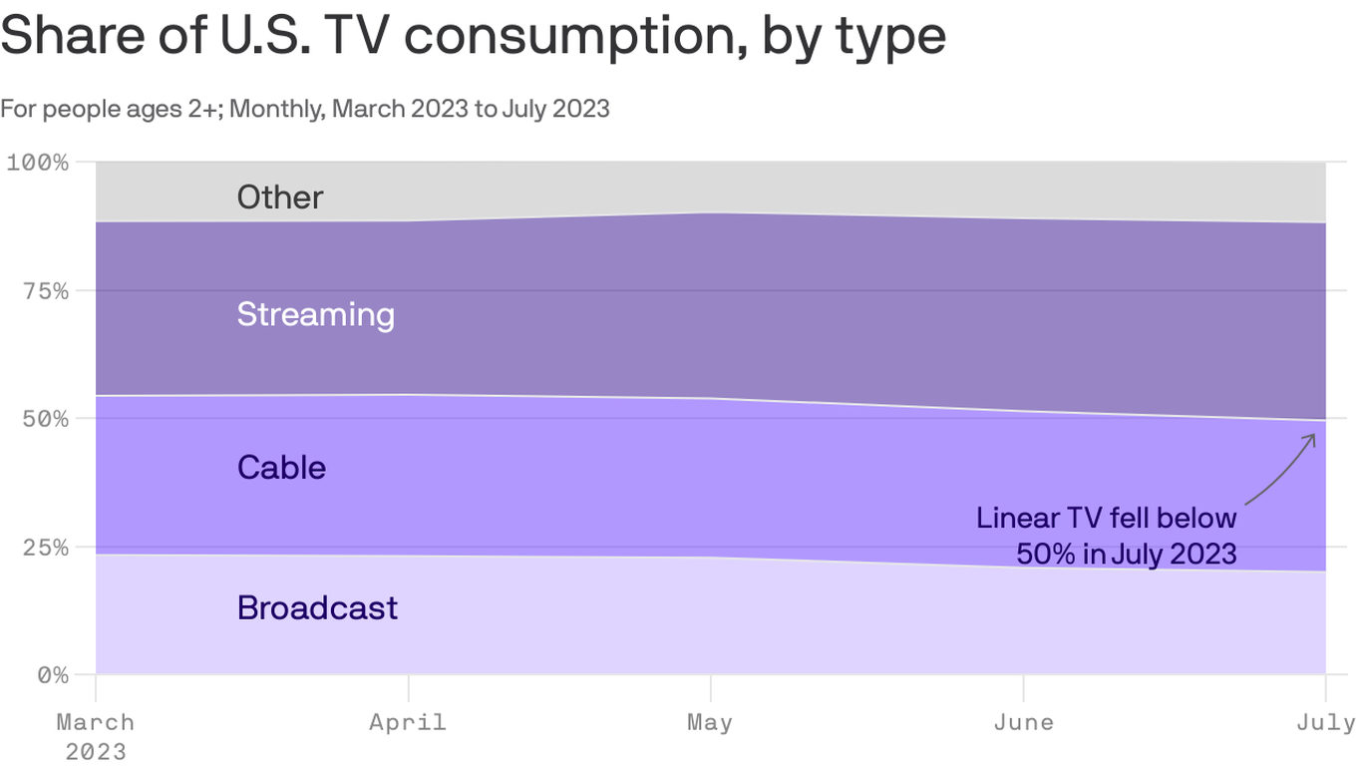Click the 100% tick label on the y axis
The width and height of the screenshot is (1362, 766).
pos(38,163)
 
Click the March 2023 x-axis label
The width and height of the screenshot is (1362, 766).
pos(96,736)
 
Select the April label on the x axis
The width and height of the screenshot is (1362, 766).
pos(408,722)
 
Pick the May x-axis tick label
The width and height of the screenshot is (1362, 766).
pos(710,722)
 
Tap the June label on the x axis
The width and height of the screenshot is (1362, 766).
pos(1023,722)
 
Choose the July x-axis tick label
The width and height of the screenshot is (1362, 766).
pos(1326,722)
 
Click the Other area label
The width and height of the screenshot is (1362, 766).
pos(280,197)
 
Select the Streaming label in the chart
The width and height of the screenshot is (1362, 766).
pos(316,314)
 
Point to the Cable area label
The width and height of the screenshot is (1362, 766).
pos(281,467)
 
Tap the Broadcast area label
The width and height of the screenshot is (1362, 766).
pos(317,607)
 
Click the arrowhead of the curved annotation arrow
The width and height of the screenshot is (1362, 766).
pos(1313,437)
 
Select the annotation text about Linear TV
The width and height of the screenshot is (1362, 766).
pos(1107,536)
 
